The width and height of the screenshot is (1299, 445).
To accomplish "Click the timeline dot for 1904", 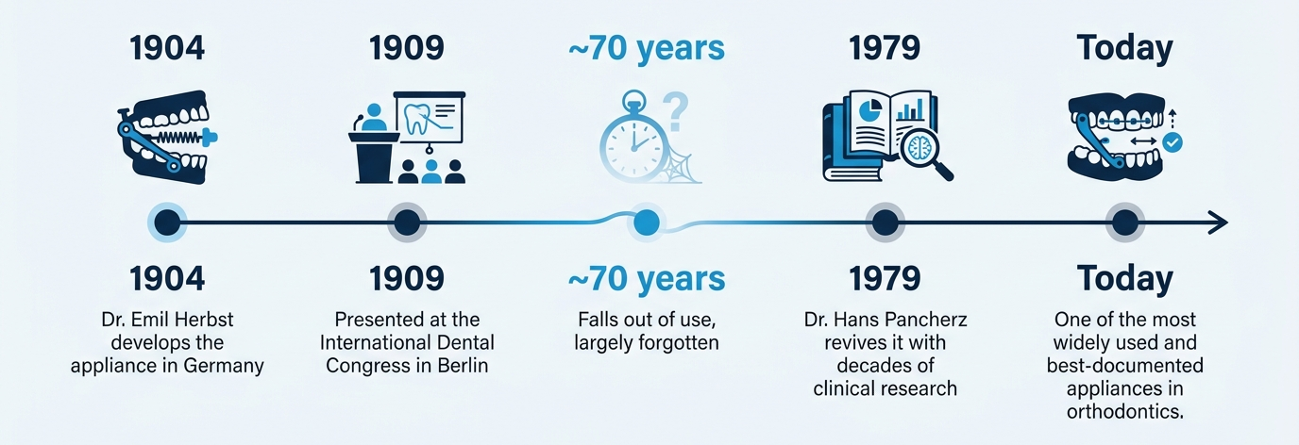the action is (x=168, y=222).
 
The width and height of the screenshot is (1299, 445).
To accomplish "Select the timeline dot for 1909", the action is (x=407, y=222).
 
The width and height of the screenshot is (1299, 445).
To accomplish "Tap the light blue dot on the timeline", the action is (x=647, y=222).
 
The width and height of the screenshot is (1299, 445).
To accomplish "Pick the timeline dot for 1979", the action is (x=885, y=222).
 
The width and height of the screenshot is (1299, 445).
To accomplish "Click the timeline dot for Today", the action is (x=1125, y=222).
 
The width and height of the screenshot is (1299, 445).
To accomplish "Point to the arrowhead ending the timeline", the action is (x=1219, y=222).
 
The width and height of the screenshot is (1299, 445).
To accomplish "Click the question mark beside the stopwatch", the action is (x=676, y=112).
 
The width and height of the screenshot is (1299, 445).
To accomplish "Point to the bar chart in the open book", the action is (x=910, y=109).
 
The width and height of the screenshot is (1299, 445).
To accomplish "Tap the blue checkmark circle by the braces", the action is (x=1172, y=142).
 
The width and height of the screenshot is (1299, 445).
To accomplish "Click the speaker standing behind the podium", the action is (x=373, y=118).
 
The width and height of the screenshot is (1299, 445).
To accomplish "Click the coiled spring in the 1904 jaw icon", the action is (x=177, y=138).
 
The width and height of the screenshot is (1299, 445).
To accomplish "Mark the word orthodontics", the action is (x=1125, y=411).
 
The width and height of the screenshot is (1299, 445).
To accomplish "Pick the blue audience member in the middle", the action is (x=430, y=172).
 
